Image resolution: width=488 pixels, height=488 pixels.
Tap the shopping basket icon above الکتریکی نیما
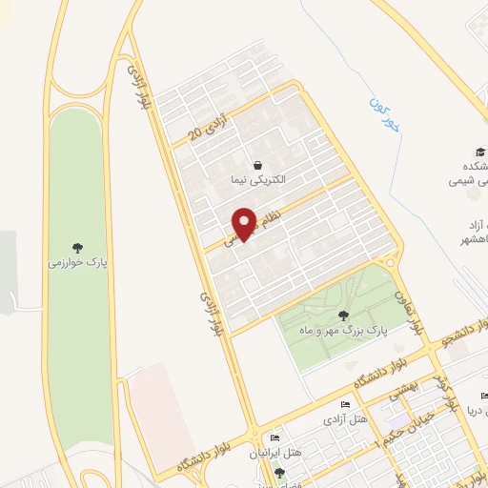(258, 164)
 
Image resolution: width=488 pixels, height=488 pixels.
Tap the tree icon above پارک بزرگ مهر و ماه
(343, 315)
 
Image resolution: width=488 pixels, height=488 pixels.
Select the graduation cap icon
(481, 151)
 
